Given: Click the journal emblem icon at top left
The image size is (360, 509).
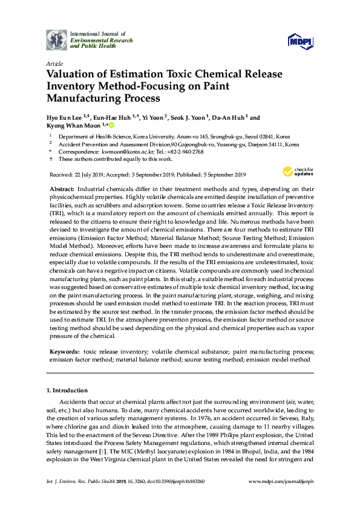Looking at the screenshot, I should (57, 40).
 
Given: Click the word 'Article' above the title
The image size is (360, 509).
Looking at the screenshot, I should (54, 63).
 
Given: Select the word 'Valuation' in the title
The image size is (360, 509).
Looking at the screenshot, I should (73, 74).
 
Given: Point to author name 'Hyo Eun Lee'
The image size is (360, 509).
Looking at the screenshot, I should (65, 118).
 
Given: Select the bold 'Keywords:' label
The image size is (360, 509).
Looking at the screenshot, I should (65, 351).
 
